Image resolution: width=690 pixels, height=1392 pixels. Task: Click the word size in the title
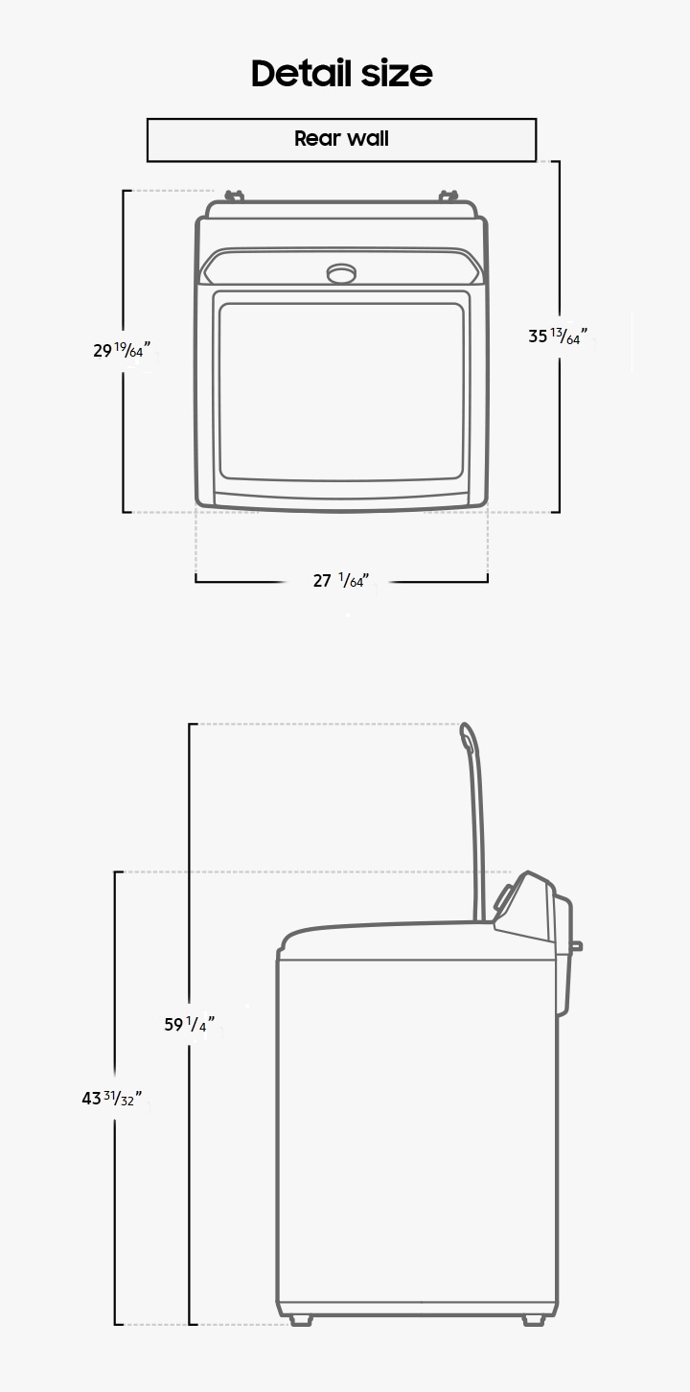(x=396, y=73)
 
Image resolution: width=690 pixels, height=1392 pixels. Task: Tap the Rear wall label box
(x=341, y=139)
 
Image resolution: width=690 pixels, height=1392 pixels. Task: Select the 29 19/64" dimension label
(x=122, y=350)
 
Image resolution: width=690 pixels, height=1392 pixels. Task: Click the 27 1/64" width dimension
(x=339, y=581)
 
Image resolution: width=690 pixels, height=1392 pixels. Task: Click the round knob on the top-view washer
(x=341, y=273)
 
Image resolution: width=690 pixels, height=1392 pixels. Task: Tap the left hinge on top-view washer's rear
(x=234, y=197)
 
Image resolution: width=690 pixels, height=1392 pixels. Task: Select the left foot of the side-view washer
(x=301, y=1320)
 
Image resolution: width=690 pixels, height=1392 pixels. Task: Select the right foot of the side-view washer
(x=534, y=1320)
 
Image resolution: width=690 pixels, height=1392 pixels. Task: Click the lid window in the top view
(x=341, y=391)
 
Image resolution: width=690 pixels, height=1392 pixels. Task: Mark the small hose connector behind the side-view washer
(x=576, y=946)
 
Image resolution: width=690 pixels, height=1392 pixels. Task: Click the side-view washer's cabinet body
(x=417, y=1131)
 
